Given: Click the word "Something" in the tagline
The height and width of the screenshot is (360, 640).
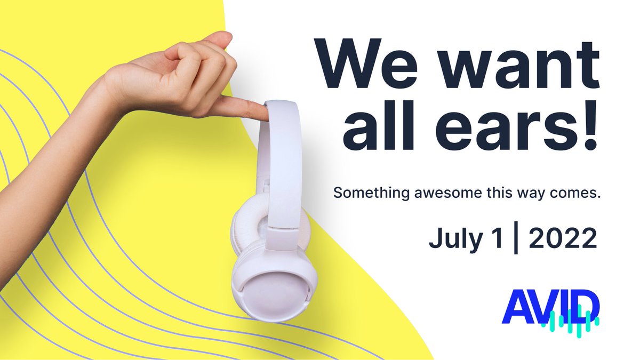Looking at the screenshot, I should (x=372, y=194).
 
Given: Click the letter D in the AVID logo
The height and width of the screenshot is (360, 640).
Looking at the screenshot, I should (x=585, y=305).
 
